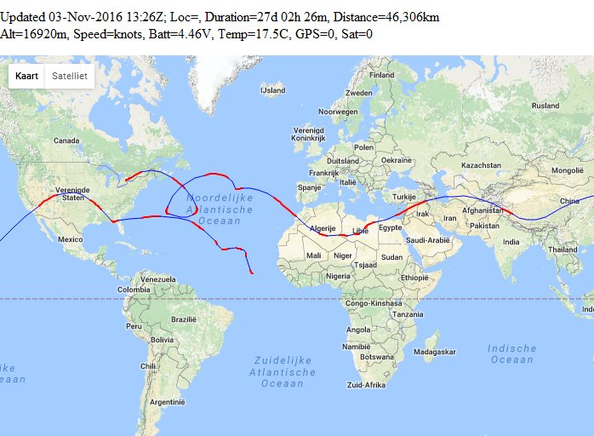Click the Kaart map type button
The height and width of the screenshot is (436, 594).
click(x=27, y=76)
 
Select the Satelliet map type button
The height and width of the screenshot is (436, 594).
click(x=68, y=76)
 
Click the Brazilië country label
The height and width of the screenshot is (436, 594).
click(x=184, y=318)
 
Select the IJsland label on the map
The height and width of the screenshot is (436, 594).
click(x=273, y=89)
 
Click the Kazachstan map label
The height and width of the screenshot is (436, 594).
click(x=481, y=164)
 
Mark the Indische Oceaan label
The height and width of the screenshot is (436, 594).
click(x=512, y=353)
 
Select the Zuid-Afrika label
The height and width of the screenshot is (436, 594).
click(x=367, y=385)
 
